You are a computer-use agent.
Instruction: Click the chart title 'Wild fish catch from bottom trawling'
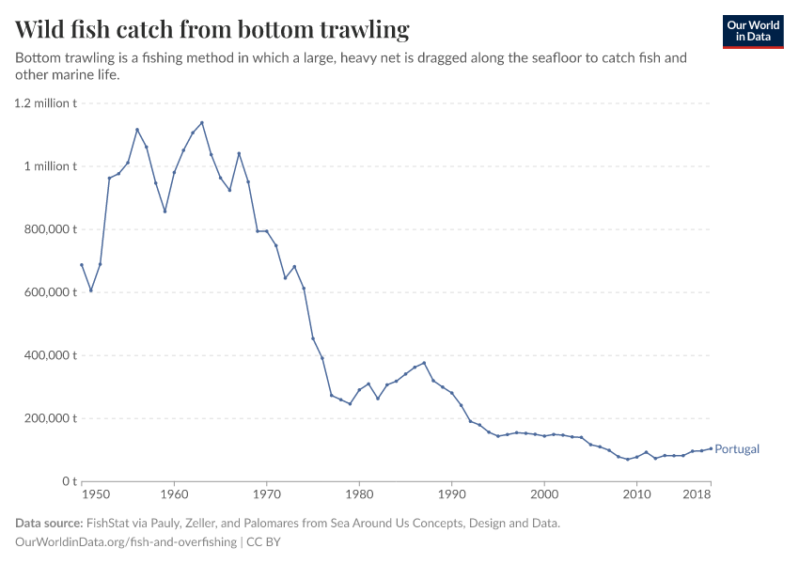point(212,30)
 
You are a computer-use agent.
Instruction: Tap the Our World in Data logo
point(753,31)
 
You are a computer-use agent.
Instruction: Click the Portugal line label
point(736,449)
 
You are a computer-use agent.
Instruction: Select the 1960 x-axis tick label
point(174,493)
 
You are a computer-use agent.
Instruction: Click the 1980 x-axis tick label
point(359,493)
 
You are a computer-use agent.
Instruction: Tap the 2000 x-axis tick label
point(544,493)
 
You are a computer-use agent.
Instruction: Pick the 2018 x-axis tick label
point(697,493)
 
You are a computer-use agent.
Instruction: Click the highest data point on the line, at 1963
point(202,122)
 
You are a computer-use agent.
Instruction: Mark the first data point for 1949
point(82,265)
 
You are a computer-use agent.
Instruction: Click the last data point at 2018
point(711,448)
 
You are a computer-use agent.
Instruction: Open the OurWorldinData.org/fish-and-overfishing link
point(126,542)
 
